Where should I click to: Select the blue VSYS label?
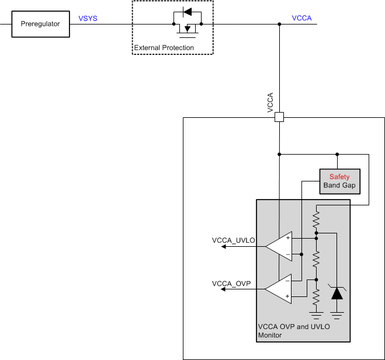point(88,19)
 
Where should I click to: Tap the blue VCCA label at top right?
point(301,18)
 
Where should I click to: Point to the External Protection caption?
point(164,48)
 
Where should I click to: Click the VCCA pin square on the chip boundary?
point(279,117)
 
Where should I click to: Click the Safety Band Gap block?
point(339,181)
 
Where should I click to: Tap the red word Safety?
point(339,177)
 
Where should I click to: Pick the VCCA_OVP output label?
point(231,284)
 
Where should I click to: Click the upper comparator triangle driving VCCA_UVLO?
point(280,246)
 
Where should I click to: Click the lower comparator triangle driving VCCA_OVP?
point(280,289)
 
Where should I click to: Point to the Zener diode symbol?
point(337,292)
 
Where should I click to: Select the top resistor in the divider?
point(316,221)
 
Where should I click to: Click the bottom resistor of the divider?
point(316,298)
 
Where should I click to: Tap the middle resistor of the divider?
point(316,258)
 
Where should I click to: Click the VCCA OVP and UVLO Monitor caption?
point(293,331)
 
